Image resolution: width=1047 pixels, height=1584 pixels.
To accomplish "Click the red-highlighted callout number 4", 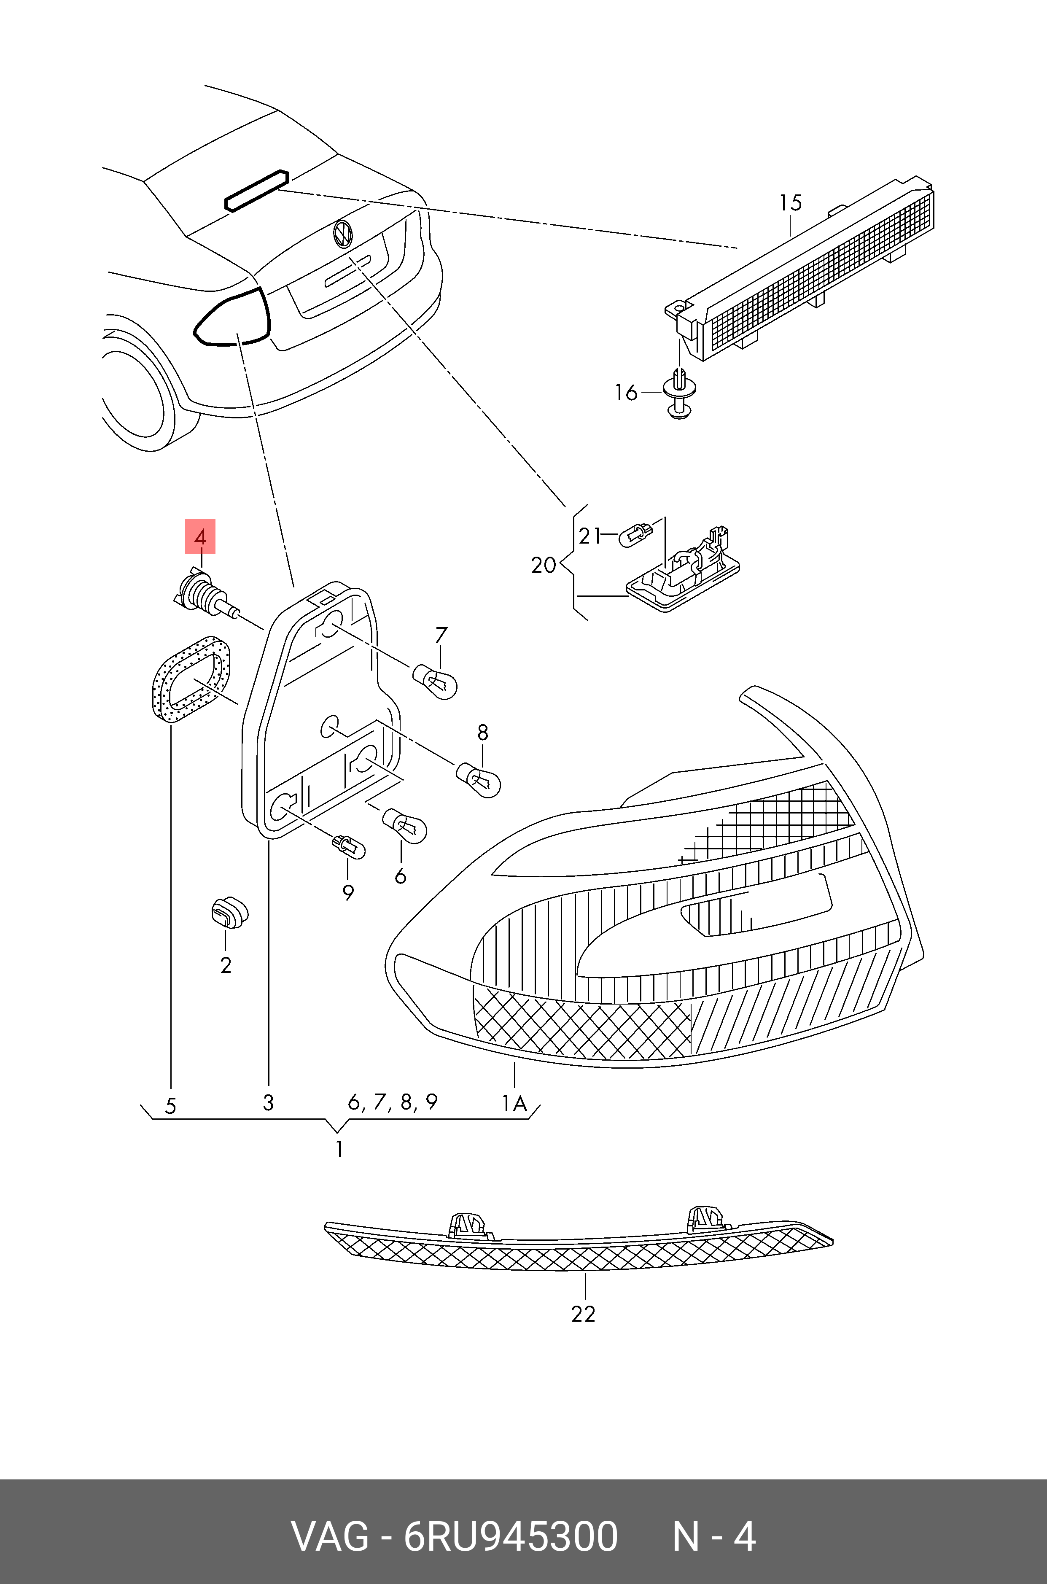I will pos(199,536).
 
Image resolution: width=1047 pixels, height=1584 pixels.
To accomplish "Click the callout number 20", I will pos(544,565).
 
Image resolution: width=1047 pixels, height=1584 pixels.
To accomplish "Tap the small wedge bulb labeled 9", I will pos(349,847).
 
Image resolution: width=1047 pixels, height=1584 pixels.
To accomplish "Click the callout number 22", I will pos(583,1314).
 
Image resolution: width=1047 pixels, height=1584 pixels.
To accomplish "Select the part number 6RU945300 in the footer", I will pos(511,1537).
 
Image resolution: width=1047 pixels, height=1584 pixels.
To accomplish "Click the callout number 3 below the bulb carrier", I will pos(269,1102).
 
